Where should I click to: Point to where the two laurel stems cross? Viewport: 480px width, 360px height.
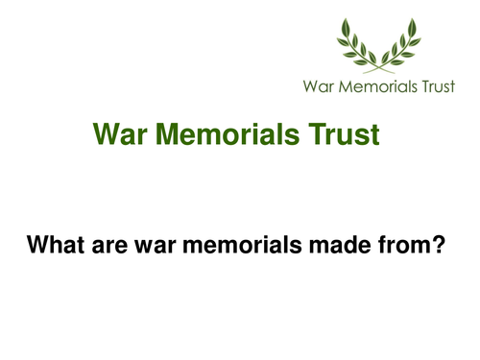[x=378, y=65]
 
